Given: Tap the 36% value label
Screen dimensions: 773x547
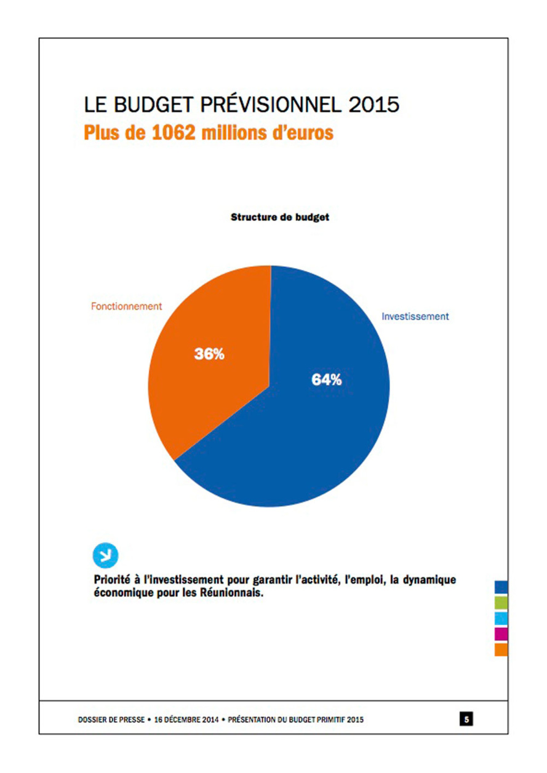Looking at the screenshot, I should [209, 354].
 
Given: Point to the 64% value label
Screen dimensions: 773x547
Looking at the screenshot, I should [326, 379].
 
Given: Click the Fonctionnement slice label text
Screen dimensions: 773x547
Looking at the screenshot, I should [127, 306].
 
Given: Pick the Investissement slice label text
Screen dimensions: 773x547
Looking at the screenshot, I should [415, 317].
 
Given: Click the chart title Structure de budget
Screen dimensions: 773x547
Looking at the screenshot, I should [280, 217].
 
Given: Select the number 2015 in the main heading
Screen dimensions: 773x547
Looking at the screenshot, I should [374, 105].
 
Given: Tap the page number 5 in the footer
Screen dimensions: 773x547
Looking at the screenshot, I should [467, 718].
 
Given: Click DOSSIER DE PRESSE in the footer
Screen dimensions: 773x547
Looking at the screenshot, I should [111, 718].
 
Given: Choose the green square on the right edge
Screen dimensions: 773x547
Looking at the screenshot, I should [501, 602].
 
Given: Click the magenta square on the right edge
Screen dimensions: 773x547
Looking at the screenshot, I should [501, 633].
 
